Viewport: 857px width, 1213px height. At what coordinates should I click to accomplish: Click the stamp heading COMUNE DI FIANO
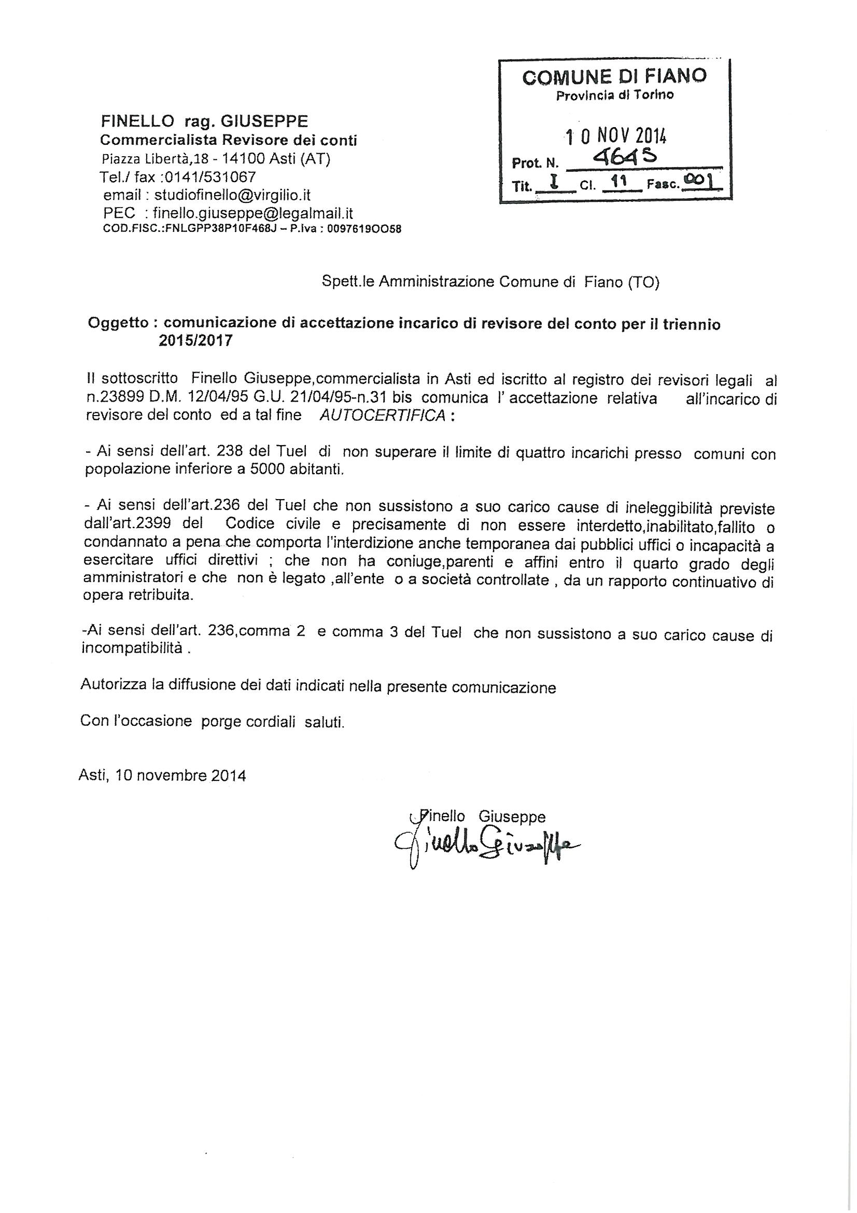point(614,77)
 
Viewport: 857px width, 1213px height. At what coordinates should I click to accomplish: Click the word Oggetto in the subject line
point(117,323)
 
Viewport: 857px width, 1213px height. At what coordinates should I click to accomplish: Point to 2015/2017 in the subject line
point(195,340)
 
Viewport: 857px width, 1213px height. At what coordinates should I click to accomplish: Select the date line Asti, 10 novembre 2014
point(162,776)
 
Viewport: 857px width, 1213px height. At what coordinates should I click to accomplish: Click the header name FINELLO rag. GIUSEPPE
point(204,121)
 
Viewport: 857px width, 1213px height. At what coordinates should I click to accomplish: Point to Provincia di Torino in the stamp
point(614,95)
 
